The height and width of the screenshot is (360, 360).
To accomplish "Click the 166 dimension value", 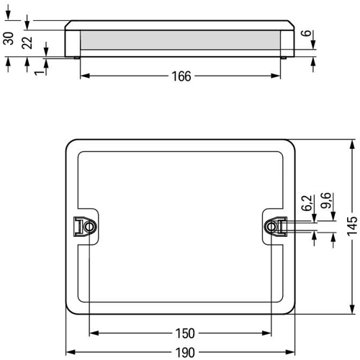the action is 181,76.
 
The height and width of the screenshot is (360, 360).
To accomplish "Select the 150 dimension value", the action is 185,333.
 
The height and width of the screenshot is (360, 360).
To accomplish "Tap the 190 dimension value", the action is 185,353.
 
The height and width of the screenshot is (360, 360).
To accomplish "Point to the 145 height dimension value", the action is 353,226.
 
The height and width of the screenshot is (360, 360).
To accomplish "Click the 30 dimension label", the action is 9,38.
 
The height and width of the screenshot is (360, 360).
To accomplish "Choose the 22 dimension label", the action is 27,42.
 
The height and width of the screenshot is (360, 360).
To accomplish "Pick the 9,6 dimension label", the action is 326,200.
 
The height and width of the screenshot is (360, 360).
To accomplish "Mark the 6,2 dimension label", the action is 307,203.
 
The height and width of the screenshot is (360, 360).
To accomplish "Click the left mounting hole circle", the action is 89,227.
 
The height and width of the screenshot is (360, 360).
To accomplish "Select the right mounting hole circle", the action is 271,227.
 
